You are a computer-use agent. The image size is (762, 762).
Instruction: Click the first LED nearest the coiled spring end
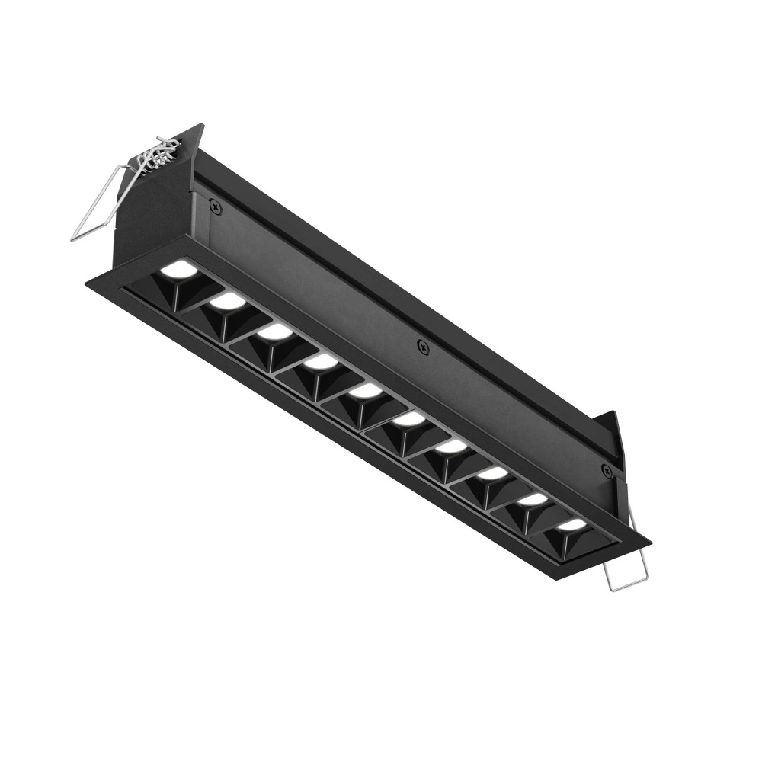coord(178,269)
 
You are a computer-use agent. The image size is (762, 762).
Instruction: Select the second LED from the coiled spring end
coord(226,302)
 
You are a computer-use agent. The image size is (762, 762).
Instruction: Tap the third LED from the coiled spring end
coord(273,332)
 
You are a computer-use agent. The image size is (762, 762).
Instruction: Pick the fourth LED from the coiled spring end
coord(321,361)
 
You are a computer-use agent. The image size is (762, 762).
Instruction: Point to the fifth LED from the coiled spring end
coord(367,390)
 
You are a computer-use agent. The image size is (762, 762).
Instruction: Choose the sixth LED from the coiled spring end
coord(409,418)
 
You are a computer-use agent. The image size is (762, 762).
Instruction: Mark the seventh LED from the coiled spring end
coord(451,446)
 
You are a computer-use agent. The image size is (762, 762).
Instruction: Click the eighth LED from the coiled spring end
coord(492,473)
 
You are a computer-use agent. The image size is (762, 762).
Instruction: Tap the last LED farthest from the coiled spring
coord(571,525)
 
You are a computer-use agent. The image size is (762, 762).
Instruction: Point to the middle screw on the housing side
coord(424,347)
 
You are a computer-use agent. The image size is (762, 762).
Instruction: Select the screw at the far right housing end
coord(607,471)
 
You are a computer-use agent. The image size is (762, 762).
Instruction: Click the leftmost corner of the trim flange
coord(86,283)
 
